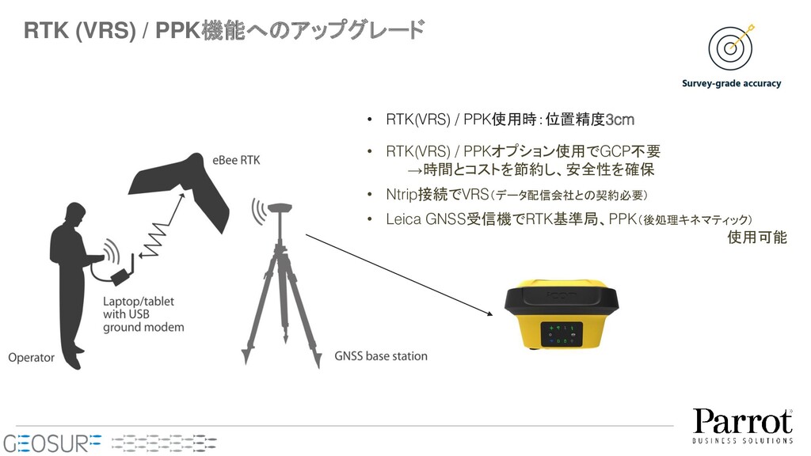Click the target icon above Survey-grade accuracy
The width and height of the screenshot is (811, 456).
point(730,48)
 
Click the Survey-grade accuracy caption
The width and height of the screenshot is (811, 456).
point(731,83)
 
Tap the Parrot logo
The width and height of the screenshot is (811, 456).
point(743,426)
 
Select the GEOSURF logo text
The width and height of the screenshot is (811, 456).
point(52,443)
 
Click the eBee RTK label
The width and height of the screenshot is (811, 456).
point(236,160)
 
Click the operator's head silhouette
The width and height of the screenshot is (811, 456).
point(76,214)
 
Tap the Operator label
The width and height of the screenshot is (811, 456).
point(31,358)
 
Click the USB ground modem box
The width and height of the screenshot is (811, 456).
point(122,276)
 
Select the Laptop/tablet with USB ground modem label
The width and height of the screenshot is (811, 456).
point(143,314)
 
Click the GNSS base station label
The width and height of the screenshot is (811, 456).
point(381,356)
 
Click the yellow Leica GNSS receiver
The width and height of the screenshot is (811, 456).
point(562,315)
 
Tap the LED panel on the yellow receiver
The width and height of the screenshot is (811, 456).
point(562,335)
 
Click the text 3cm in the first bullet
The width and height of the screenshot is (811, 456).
point(619,120)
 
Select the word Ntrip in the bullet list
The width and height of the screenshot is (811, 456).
point(402,195)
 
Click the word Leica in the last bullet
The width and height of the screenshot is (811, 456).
point(403,219)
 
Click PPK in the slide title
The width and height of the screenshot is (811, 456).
point(177,31)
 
